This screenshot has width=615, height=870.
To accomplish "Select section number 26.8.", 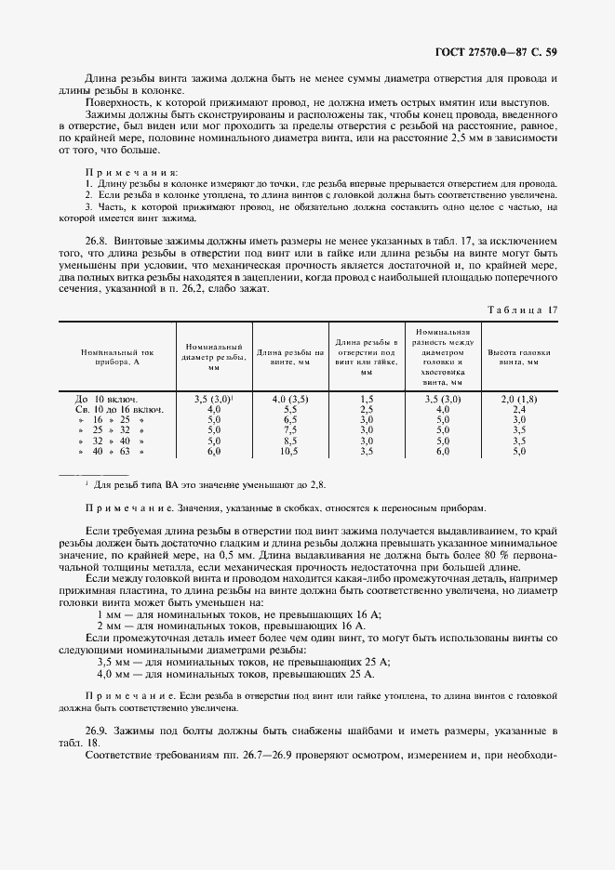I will pos(99,239).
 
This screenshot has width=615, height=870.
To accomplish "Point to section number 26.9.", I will pos(99,732).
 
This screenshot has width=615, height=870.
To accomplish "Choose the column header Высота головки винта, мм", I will pos(519,358).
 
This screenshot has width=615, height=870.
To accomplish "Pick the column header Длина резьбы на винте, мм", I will pos(289,358).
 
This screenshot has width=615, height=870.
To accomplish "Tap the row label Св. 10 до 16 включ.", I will pos(118,409).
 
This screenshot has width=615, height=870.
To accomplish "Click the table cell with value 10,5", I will pos(289,451).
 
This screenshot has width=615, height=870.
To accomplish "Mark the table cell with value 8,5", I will pos(289,441).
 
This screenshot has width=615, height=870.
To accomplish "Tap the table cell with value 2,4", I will pos(519,409).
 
